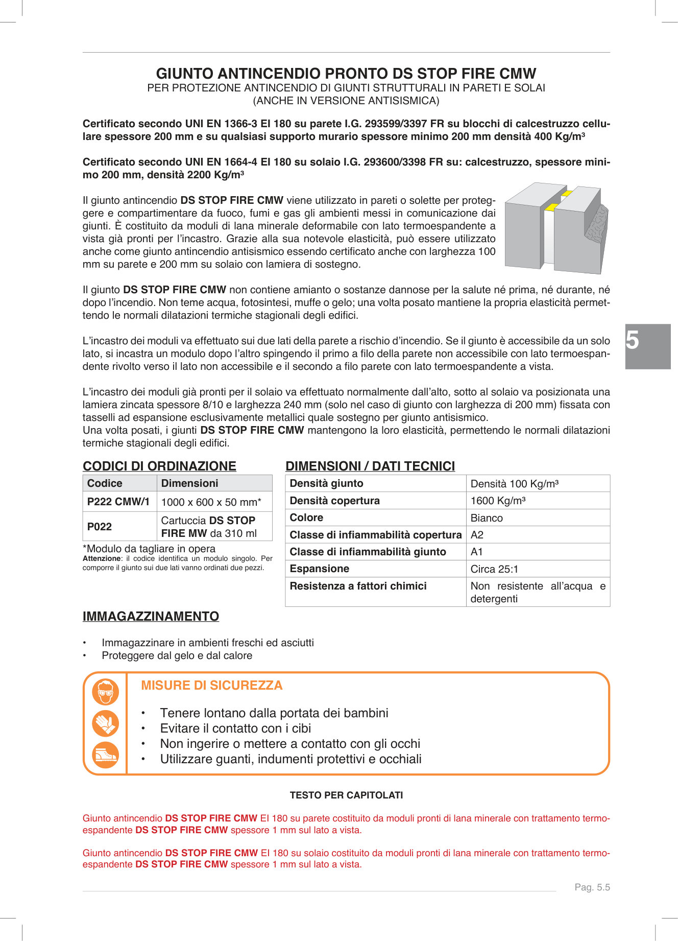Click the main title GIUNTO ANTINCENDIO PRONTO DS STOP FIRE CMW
click(346, 74)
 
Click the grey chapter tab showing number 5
click(647, 346)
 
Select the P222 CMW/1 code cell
click(119, 502)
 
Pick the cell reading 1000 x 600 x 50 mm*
click(211, 502)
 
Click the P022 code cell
click(100, 527)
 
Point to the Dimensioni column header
click(189, 483)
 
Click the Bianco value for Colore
click(487, 518)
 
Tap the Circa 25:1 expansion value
click(494, 569)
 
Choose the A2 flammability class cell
click(477, 535)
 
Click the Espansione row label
click(320, 569)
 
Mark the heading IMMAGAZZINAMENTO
click(151, 617)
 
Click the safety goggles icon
click(106, 692)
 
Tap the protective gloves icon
click(106, 723)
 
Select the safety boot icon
click(106, 755)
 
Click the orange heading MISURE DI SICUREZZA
click(211, 686)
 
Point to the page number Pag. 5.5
click(592, 887)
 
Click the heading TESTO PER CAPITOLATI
click(346, 795)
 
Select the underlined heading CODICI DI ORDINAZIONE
click(159, 466)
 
